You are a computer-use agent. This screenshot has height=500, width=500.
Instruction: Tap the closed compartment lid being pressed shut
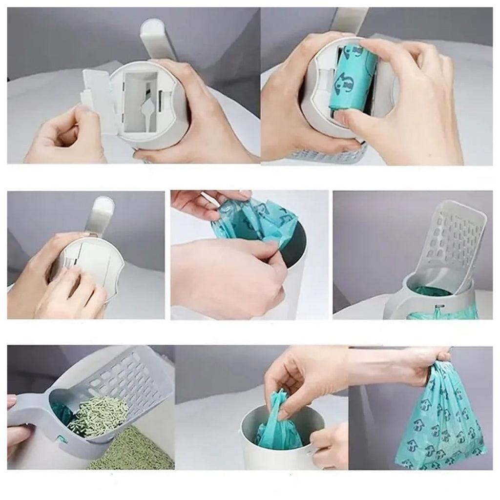point(95,264)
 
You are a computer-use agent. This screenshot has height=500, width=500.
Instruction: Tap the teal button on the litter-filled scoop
point(62,439)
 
